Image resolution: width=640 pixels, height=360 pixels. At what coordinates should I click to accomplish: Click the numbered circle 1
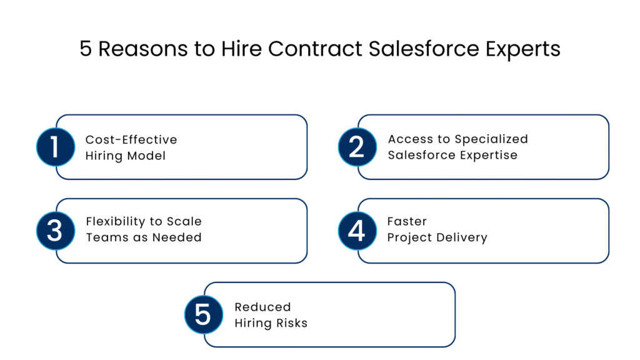point(56,147)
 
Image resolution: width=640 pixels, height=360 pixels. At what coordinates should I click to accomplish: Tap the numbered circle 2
point(357,147)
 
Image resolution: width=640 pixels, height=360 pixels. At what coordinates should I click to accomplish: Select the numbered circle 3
point(56,231)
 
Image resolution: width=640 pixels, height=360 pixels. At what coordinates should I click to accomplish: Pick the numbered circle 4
point(357,231)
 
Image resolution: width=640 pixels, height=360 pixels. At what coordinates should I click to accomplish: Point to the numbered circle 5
point(204,314)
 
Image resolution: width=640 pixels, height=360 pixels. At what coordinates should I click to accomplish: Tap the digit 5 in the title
point(86,49)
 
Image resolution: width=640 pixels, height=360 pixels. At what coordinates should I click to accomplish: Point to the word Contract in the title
point(307,49)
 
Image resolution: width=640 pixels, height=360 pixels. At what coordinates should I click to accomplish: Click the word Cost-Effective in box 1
point(131,139)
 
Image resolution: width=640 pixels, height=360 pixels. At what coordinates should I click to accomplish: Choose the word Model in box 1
point(146,155)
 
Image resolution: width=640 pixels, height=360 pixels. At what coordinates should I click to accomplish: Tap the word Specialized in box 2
point(491,139)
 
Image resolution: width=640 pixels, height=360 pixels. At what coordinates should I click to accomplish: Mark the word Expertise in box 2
point(487,155)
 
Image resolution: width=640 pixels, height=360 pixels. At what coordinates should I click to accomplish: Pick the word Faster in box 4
point(407,222)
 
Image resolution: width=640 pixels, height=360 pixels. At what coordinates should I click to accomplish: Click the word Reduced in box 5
point(262,307)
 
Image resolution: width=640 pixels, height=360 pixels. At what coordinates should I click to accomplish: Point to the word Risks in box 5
point(290,322)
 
